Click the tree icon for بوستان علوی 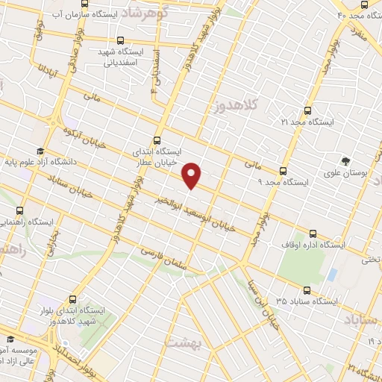point(345,160)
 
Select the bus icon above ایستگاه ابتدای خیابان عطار point(156,140)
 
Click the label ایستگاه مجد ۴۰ point(360,15)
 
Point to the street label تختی point(370,260)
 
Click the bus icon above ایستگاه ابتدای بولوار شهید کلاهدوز point(72,298)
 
